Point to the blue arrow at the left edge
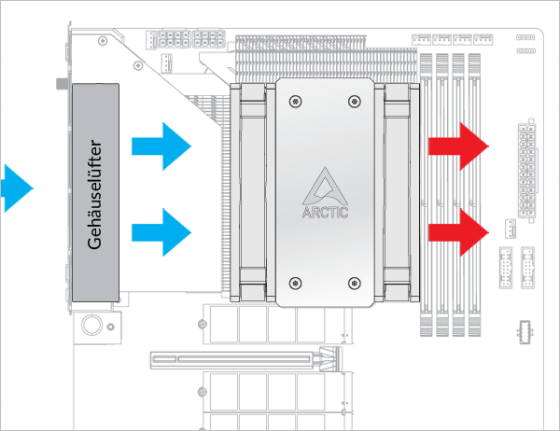tap(14, 186)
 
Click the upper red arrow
tap(458, 146)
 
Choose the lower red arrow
tap(458, 231)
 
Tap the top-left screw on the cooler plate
tap(296, 101)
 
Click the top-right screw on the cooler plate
tap(354, 101)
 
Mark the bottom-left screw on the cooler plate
tap(296, 282)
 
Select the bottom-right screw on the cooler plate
tap(354, 282)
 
